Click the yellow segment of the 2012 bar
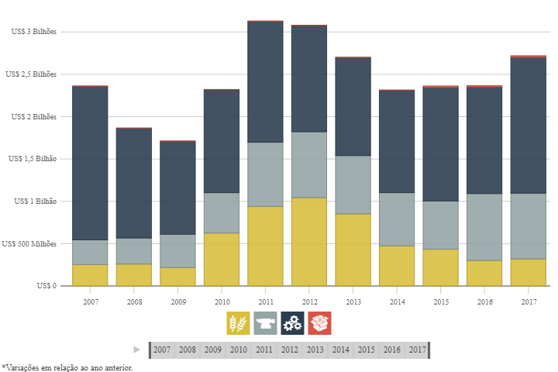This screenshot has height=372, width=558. [x=308, y=242]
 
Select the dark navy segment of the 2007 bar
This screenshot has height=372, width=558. [x=90, y=163]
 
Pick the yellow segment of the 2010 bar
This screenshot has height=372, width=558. [x=222, y=260]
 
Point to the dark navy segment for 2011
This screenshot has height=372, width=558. [x=265, y=81]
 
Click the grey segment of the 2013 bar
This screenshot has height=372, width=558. [x=353, y=184]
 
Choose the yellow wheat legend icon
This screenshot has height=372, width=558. [x=238, y=323]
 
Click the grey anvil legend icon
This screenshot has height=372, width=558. [x=265, y=323]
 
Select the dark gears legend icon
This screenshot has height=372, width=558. [x=292, y=323]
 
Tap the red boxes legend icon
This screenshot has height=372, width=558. [x=319, y=323]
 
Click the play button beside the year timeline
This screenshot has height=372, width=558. [x=137, y=350]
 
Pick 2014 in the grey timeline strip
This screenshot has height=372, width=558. [x=340, y=350]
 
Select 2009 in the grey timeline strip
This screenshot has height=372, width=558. [x=212, y=350]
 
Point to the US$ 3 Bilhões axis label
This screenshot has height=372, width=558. [x=33, y=32]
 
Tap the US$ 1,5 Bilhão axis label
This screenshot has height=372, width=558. [x=32, y=159]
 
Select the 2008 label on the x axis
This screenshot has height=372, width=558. [x=134, y=301]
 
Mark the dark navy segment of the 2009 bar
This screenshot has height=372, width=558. [x=177, y=188]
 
